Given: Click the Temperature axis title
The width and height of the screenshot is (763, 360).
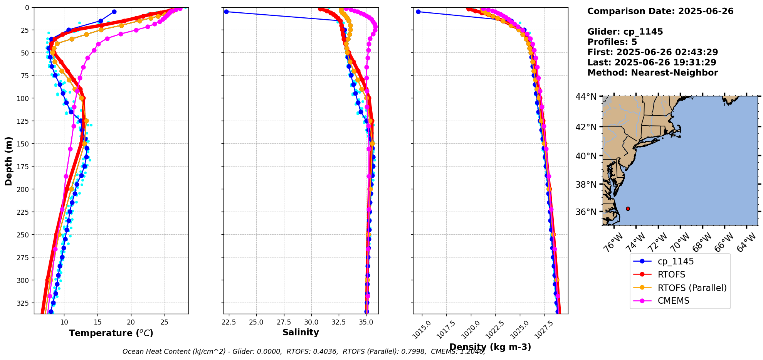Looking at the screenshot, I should tap(111, 333).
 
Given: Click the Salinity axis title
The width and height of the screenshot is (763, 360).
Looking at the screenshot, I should tap(301, 332).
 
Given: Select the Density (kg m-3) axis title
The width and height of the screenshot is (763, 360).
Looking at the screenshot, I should tap(490, 347).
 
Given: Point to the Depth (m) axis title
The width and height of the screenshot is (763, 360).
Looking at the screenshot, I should tap(8, 161).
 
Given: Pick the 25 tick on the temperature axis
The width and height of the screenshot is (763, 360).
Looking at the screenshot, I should tap(165, 322).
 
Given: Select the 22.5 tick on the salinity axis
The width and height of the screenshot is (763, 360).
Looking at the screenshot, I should tap(229, 322).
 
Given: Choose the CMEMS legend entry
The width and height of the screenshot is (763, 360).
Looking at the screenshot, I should tap(673, 301).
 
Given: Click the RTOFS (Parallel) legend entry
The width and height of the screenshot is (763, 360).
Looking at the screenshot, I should tap(692, 288).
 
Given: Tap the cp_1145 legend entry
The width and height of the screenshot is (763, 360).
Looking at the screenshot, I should tap(676, 261).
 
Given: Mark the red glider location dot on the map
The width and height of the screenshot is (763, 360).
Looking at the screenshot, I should tap(628, 209).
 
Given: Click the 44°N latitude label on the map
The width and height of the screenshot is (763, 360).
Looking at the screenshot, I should tap(586, 97).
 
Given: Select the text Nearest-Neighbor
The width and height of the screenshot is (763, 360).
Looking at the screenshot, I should tap(674, 73).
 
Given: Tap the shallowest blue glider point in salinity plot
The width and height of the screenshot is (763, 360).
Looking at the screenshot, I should tap(226, 12).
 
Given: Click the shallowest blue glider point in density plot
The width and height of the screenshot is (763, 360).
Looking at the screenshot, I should tap(418, 12).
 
